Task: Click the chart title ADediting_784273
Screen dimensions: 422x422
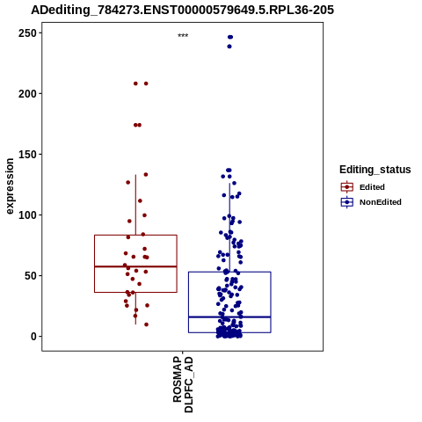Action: [182, 11]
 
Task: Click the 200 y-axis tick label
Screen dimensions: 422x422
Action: [27, 94]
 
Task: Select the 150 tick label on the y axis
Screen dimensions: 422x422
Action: [27, 155]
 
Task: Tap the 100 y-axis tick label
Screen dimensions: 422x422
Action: [27, 215]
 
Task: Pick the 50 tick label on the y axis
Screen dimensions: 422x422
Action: [31, 276]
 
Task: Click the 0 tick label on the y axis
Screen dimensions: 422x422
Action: [33, 337]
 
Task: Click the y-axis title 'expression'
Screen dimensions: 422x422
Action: [10, 186]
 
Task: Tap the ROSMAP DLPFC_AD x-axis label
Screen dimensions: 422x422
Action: [183, 384]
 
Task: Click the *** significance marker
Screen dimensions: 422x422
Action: [183, 35]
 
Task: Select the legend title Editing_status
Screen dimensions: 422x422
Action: [375, 170]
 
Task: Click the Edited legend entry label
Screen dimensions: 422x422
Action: [372, 187]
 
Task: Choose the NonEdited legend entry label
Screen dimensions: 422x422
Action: [381, 202]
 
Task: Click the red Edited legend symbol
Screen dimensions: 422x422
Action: [347, 187]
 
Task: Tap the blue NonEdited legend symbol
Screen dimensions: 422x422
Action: [347, 202]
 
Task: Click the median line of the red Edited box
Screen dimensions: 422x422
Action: [135, 266]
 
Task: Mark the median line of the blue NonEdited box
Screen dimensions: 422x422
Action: [229, 316]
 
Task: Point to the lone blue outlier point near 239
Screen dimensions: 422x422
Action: [229, 47]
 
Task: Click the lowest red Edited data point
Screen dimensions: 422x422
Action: [146, 324]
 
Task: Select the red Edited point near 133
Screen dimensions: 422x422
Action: [146, 175]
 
